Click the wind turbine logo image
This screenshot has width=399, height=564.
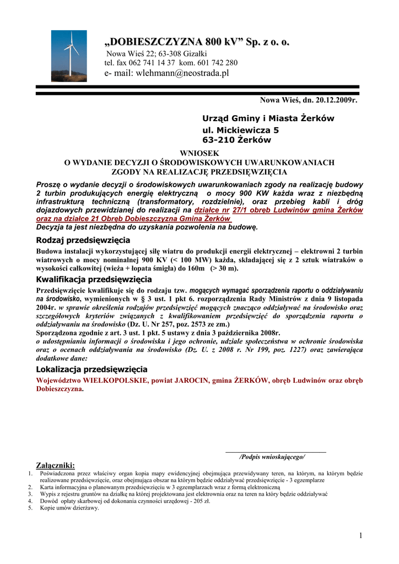coord(69,56)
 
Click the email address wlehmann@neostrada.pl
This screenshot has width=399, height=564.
coord(182,73)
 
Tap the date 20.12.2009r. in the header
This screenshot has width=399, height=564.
coord(336,100)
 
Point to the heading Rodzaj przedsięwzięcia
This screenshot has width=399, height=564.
coord(83,240)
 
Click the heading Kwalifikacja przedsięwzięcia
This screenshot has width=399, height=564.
coord(94,280)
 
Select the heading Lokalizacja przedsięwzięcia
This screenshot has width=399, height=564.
coord(91,369)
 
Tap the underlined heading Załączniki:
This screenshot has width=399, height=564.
coord(55,465)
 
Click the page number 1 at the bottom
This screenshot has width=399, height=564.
coord(359,536)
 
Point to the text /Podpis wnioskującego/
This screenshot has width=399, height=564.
coord(272,457)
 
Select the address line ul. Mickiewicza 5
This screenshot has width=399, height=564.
coord(241,131)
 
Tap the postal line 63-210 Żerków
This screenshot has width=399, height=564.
coord(237,140)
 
